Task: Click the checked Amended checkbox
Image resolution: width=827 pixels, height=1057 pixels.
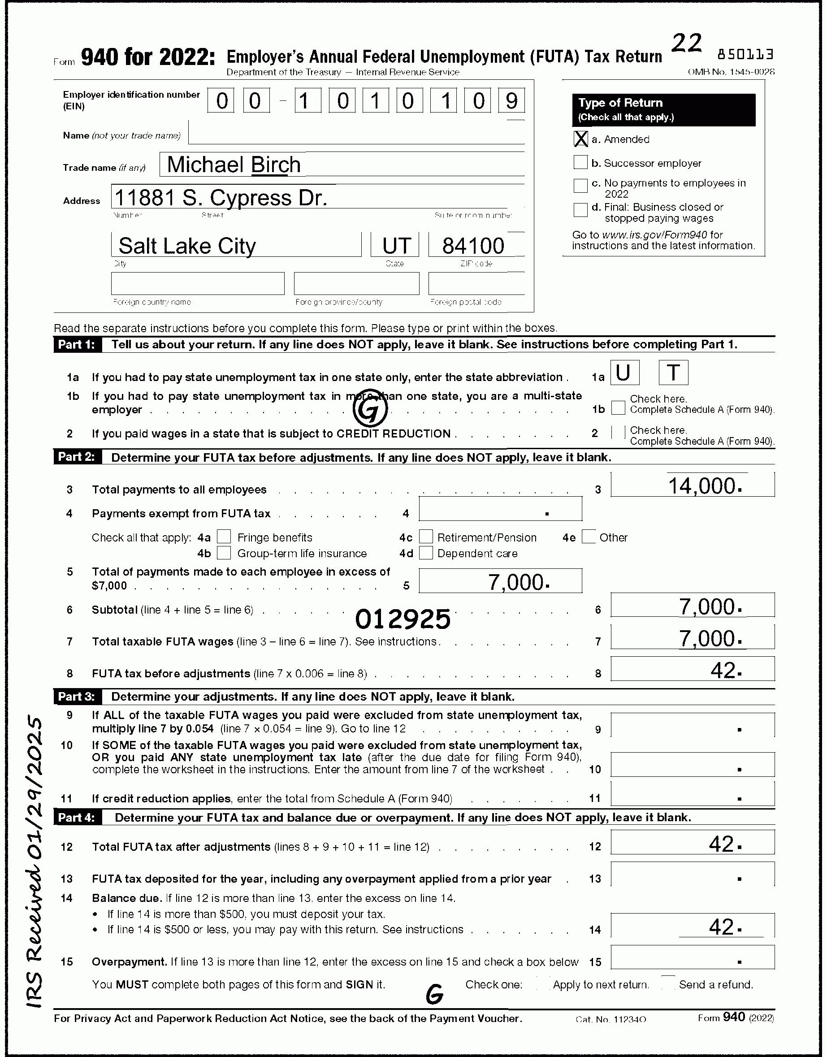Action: pyautogui.click(x=580, y=139)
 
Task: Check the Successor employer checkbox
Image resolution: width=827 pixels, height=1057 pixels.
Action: pyautogui.click(x=580, y=163)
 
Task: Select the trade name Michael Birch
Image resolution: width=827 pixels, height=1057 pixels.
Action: pyautogui.click(x=234, y=165)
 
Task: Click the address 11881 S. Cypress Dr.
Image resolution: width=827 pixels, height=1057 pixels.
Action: pyautogui.click(x=221, y=198)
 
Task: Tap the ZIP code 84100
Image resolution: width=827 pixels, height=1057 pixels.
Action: pyautogui.click(x=473, y=246)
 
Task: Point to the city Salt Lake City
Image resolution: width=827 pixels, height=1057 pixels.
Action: pyautogui.click(x=187, y=246)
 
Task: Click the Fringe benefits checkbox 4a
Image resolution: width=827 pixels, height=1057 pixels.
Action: pyautogui.click(x=224, y=537)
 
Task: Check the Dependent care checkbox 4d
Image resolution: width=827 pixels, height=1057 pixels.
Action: pyautogui.click(x=426, y=553)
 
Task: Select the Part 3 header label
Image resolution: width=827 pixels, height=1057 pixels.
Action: pyautogui.click(x=77, y=697)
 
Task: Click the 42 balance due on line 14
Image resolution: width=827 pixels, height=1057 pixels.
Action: pyautogui.click(x=722, y=927)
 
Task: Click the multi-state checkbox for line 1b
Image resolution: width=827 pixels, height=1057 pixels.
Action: pyautogui.click(x=618, y=408)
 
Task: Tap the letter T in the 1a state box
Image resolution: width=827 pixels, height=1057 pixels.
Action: pyautogui.click(x=673, y=373)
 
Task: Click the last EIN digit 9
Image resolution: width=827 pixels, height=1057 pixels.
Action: pyautogui.click(x=511, y=101)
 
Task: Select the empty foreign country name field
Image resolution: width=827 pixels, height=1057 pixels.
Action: pyautogui.click(x=198, y=284)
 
